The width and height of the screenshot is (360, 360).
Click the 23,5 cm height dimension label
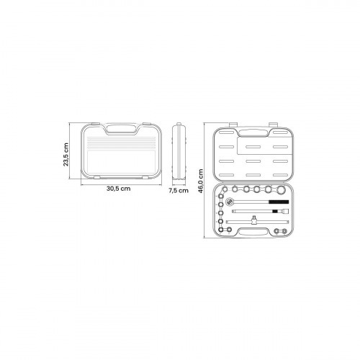click(66, 155)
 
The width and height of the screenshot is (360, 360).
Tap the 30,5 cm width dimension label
click(119, 189)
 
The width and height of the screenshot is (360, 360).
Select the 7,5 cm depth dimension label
click(179, 191)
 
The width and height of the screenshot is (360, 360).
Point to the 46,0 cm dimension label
click(201, 181)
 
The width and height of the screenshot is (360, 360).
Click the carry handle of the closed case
click(121, 129)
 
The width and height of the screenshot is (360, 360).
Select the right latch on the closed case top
click(146, 124)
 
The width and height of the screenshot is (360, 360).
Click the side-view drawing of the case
click(179, 151)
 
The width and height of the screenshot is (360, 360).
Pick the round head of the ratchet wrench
click(230, 200)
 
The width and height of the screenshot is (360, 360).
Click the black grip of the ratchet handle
click(279, 202)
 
